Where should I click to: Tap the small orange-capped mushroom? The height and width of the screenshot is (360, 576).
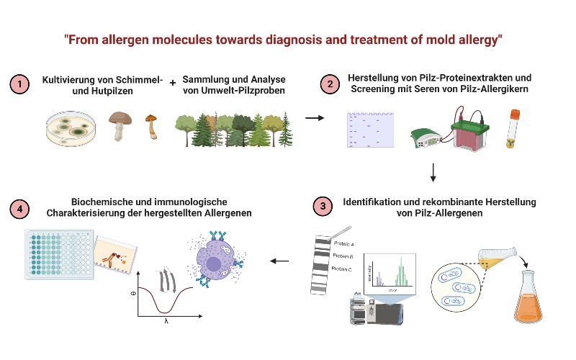pyautogui.click(x=151, y=127)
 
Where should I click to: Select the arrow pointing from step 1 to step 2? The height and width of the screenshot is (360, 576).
pyautogui.click(x=315, y=117)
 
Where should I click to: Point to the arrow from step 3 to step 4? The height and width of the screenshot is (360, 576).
pyautogui.click(x=280, y=261)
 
